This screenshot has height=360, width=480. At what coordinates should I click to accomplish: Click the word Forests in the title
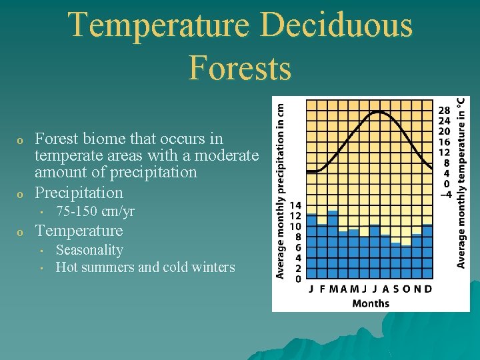(240, 68)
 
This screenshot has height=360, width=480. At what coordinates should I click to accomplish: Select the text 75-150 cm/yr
(95, 212)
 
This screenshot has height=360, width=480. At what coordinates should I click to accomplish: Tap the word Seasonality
(89, 250)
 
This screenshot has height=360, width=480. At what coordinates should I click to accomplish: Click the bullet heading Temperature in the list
(79, 231)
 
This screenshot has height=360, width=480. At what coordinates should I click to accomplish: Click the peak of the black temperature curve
(379, 112)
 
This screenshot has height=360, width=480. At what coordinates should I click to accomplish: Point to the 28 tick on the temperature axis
(444, 110)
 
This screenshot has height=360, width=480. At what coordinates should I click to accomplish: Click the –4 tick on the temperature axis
(443, 195)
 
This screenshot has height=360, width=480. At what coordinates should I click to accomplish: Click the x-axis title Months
(371, 303)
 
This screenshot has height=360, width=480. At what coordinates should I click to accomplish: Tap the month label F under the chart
(322, 289)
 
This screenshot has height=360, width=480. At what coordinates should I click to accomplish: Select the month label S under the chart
(396, 289)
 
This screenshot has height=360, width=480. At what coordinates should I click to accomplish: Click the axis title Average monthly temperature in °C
(461, 183)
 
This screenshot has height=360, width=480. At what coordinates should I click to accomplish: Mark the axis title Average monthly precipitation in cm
(281, 190)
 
